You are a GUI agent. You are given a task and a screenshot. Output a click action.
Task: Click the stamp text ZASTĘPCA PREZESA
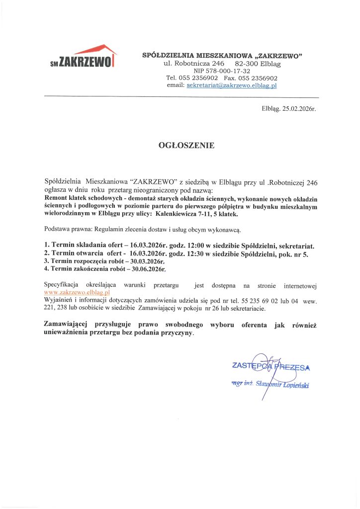click(x=271, y=368)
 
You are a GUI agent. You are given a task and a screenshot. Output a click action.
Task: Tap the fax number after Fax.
click(x=261, y=78)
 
